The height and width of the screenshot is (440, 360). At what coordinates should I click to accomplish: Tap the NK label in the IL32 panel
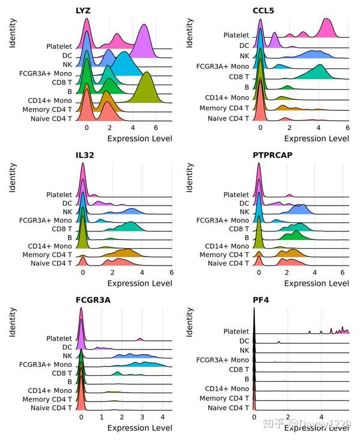click(x=67, y=212)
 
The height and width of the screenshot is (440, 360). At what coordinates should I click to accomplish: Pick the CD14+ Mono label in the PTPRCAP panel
click(x=228, y=246)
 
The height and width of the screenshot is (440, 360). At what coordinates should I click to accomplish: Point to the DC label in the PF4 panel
click(x=243, y=341)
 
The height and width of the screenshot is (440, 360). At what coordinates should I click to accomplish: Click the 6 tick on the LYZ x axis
click(x=155, y=128)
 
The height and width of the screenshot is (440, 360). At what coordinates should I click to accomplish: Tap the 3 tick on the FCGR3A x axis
click(x=142, y=417)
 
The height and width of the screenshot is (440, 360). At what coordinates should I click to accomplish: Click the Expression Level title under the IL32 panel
click(x=139, y=283)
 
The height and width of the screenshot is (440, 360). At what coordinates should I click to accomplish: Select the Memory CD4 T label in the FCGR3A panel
click(x=44, y=399)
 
